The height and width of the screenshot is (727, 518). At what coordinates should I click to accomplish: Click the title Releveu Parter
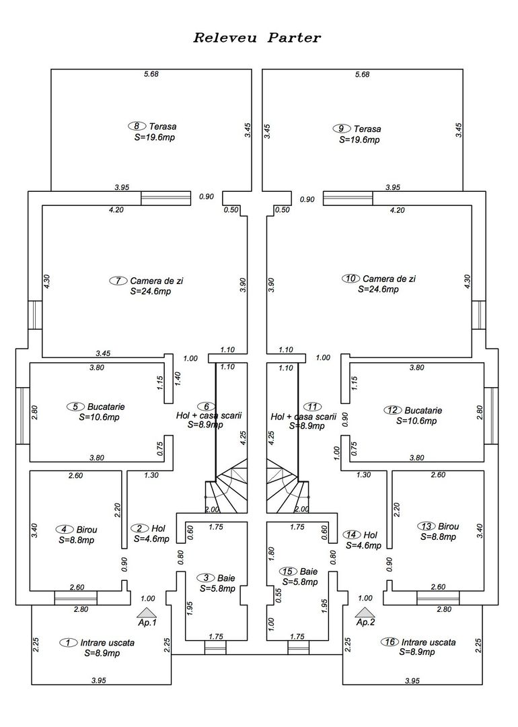[x=257, y=38]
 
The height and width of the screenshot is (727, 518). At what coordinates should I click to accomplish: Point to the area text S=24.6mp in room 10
[x=378, y=289]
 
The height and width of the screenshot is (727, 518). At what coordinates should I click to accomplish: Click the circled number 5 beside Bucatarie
[x=76, y=407]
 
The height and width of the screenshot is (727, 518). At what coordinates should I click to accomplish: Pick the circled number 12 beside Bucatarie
[x=392, y=409]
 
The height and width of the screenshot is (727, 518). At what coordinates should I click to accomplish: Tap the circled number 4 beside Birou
[x=65, y=529]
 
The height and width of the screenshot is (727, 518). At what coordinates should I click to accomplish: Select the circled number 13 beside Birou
[x=425, y=526]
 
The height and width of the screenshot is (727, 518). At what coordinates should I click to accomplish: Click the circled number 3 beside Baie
[x=206, y=578]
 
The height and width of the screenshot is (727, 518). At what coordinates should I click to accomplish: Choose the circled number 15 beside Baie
[x=289, y=571]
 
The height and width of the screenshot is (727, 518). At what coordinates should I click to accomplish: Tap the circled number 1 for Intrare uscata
[x=68, y=642]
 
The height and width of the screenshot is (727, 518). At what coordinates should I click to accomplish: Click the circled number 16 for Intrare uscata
[x=389, y=642]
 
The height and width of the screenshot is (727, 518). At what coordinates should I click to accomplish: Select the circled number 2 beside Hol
[x=139, y=528]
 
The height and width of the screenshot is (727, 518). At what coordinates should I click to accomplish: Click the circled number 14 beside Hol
[x=351, y=534]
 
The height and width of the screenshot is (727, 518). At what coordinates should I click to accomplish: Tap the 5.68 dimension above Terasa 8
[x=151, y=74]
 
